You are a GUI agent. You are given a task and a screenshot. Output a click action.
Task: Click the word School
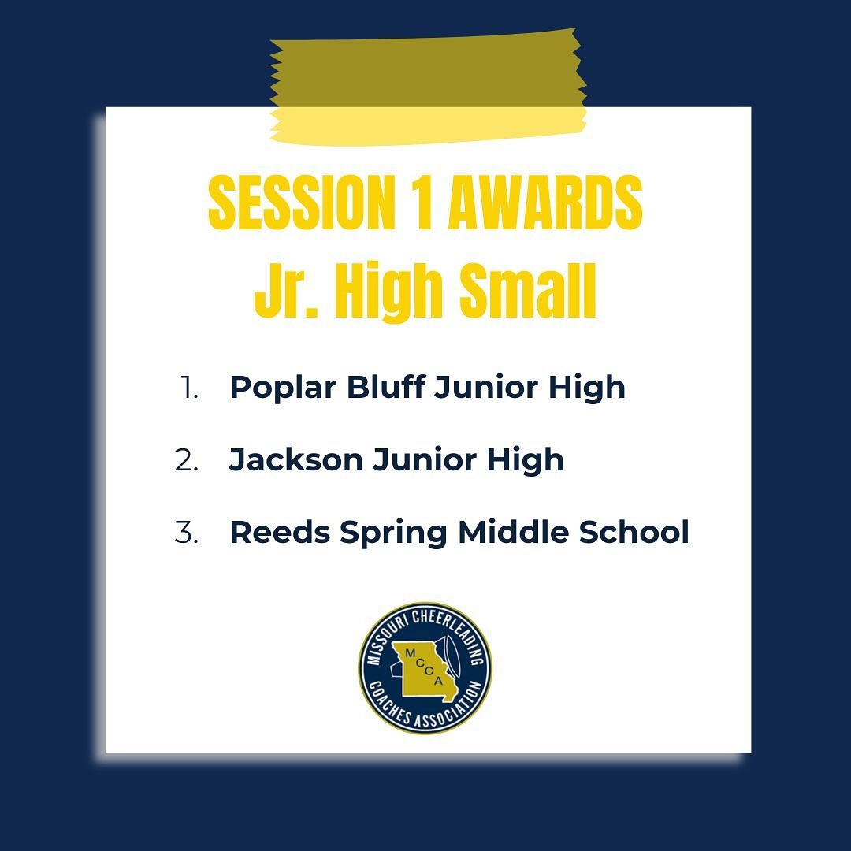634,533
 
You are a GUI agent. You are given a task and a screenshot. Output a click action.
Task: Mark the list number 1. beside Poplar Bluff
189,388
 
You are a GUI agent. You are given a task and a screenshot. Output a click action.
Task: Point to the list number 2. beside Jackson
187,460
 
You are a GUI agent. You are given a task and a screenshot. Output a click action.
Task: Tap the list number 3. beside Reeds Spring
187,533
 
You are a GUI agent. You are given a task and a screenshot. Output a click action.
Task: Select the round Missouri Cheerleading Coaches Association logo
425,668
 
